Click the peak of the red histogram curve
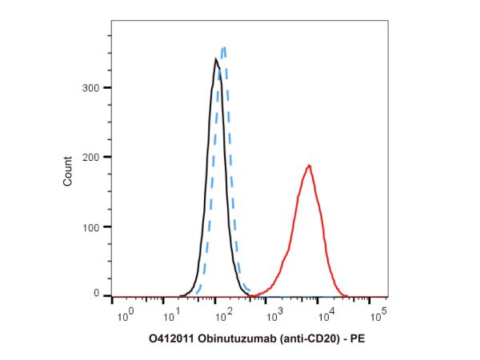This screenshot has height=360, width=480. pyautogui.click(x=309, y=166)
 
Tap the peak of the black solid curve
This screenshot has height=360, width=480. pyautogui.click(x=216, y=58)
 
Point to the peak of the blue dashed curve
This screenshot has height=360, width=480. pyautogui.click(x=225, y=47)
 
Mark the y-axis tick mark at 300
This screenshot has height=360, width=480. pyautogui.click(x=107, y=88)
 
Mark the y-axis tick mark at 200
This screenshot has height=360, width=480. pyautogui.click(x=107, y=158)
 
